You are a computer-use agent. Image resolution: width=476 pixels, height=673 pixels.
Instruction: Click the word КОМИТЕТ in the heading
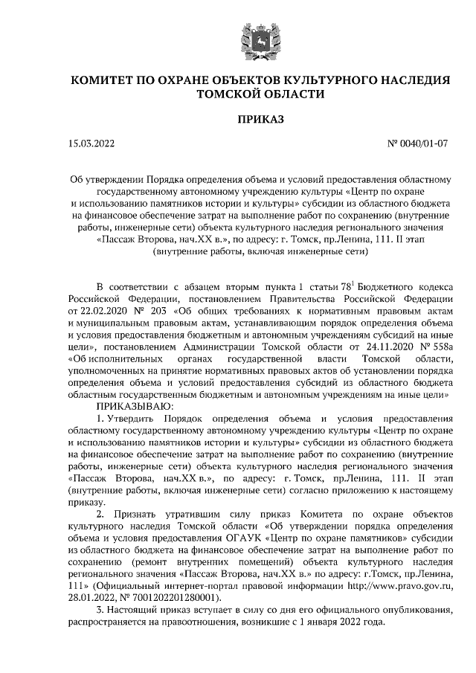103,80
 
